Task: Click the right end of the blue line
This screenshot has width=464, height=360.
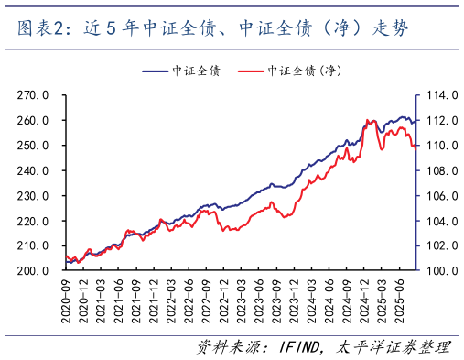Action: [x=416, y=121]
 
